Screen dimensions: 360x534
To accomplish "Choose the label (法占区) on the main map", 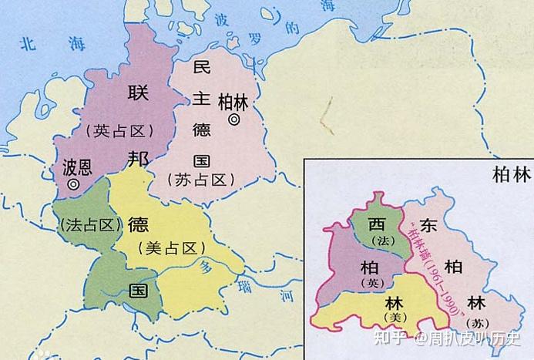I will pos(90,224).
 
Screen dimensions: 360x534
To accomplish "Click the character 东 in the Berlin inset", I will pos(429,227).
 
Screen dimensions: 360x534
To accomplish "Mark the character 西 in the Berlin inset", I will pos(376,226).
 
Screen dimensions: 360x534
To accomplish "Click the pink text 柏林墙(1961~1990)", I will pos(436,270).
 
